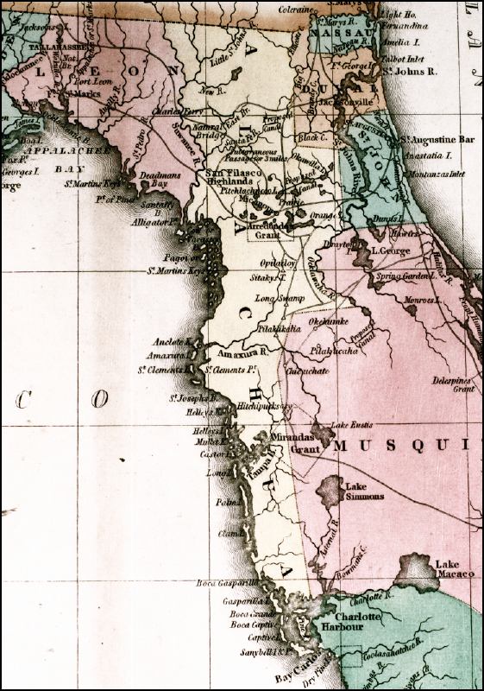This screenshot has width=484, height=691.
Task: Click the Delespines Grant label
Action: [453, 384]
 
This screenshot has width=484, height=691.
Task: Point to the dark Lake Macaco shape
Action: [417, 572]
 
